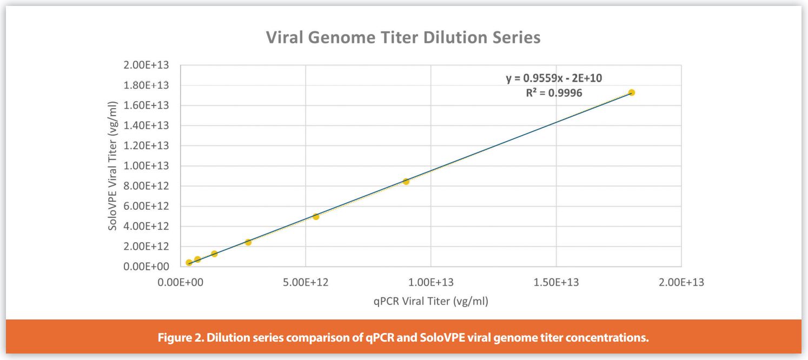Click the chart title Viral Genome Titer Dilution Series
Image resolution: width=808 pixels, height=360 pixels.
tap(403, 38)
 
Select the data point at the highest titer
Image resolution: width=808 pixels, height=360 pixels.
tap(631, 92)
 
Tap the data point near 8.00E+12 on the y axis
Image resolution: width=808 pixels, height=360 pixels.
tap(406, 182)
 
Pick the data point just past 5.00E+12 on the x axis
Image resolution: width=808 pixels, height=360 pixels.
tap(316, 216)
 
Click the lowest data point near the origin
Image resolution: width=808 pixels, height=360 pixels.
tap(189, 263)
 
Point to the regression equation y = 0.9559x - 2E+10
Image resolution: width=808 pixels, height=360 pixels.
tap(554, 78)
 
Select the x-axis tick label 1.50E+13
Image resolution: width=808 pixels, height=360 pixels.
tap(556, 282)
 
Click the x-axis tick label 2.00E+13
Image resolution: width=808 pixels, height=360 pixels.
tap(681, 282)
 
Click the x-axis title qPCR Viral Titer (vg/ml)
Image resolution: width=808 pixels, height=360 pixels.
tap(431, 301)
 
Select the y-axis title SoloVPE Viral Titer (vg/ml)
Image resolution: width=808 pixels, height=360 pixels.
tap(113, 165)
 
